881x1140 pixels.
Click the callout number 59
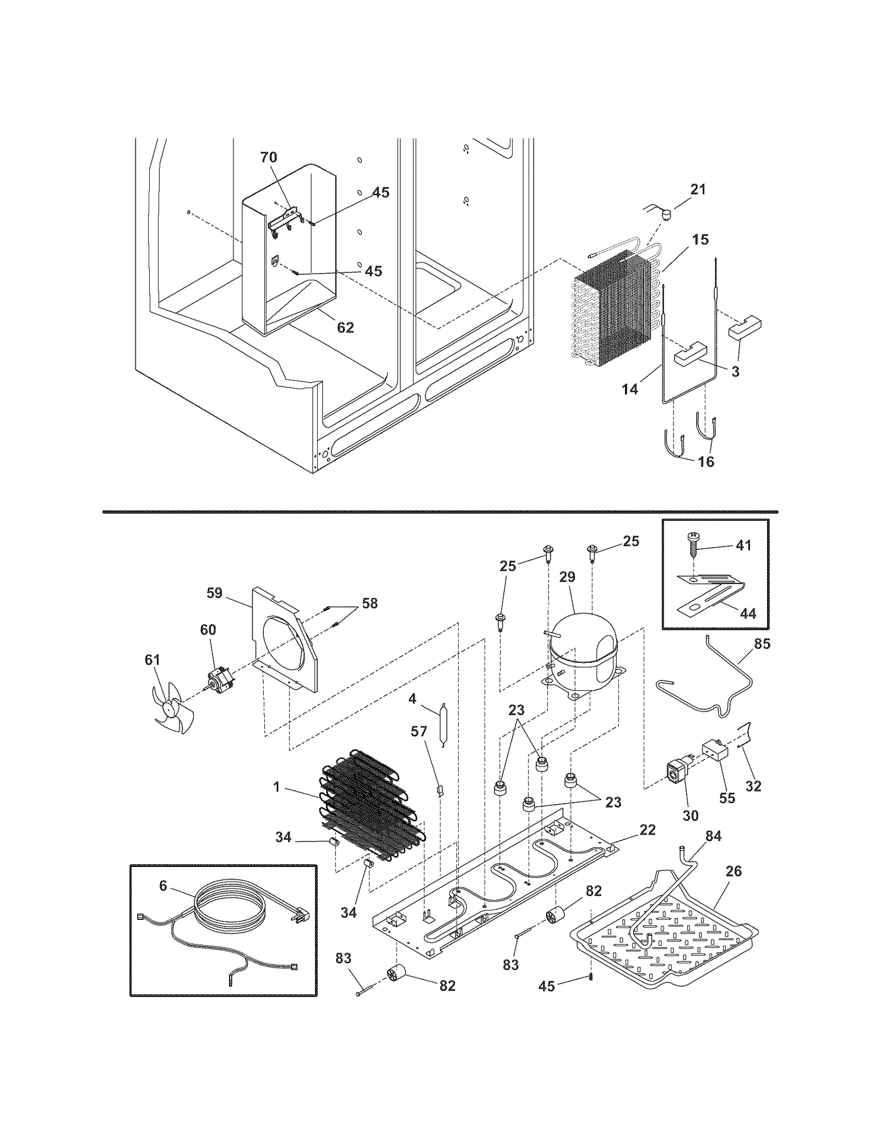point(214,593)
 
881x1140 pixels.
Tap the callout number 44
point(748,613)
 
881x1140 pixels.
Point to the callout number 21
point(698,189)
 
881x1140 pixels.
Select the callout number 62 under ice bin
point(345,328)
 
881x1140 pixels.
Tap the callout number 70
point(269,157)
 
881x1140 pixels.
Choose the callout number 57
point(419,731)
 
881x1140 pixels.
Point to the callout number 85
point(762,643)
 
